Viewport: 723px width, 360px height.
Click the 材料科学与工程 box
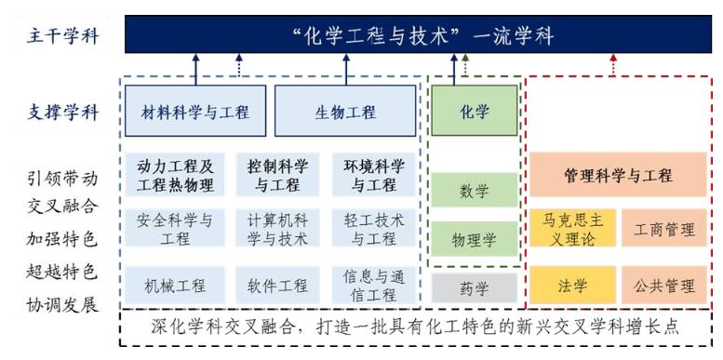195,113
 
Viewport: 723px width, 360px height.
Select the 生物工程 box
345,113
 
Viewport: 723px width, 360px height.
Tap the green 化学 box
474,111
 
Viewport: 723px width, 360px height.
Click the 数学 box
474,191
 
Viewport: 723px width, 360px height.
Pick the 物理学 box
474,240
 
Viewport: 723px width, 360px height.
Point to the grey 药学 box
474,288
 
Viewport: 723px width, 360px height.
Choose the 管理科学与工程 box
618,175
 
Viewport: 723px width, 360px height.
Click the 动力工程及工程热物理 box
175,175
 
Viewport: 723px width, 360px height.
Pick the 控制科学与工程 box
277,175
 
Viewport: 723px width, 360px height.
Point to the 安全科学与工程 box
175,229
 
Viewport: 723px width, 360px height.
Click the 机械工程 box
175,285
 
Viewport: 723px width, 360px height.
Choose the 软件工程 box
277,285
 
